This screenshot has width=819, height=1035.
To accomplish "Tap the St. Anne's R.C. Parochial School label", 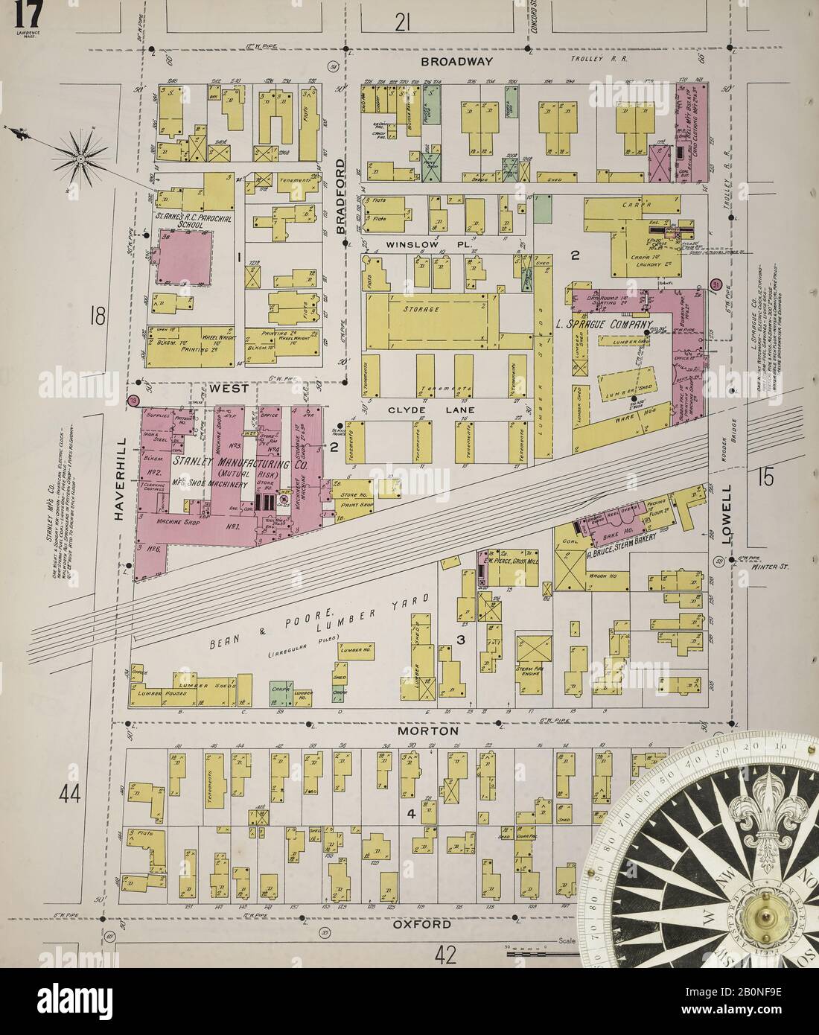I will pyautogui.click(x=183, y=220).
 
